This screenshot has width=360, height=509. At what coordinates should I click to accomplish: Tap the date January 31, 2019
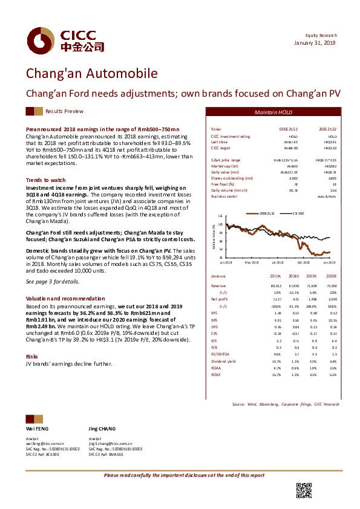pyautogui.click(x=316, y=43)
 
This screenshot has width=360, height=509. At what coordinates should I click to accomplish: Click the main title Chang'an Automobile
pyautogui.click(x=91, y=74)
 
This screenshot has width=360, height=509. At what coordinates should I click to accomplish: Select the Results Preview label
pyautogui.click(x=65, y=112)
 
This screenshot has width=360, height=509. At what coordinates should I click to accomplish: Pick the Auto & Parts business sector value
pyautogui.click(x=327, y=197)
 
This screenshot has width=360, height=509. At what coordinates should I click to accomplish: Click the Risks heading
pyautogui.click(x=31, y=357)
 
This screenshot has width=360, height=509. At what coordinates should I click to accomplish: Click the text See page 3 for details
pyautogui.click(x=53, y=282)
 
